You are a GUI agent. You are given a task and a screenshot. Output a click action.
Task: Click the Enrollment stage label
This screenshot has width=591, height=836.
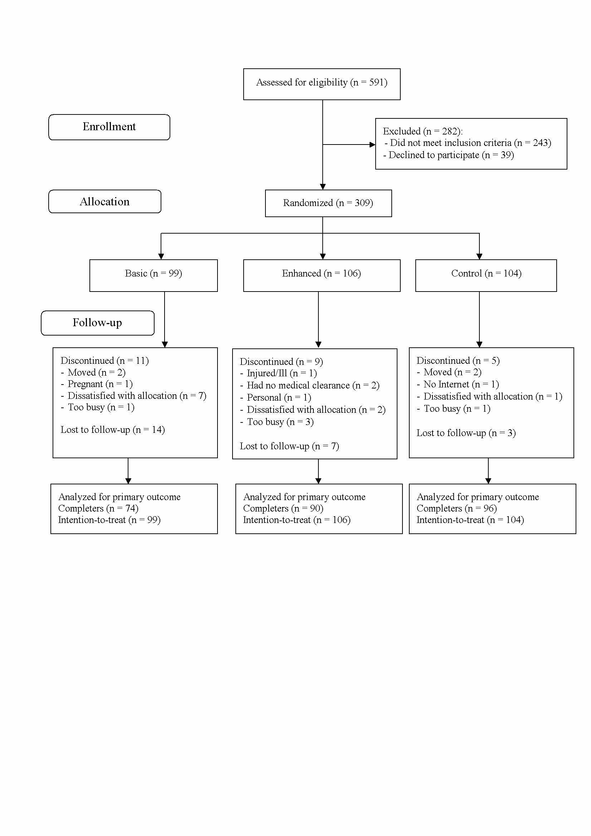(x=109, y=127)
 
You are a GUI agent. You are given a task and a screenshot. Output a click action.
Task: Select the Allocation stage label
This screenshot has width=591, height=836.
(x=105, y=201)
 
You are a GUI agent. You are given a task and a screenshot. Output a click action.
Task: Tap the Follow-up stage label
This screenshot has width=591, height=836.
(x=98, y=323)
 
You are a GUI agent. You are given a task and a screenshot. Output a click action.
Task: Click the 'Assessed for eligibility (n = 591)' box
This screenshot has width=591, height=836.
(x=322, y=84)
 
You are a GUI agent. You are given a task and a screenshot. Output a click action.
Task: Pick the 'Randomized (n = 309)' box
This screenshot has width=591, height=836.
(x=328, y=203)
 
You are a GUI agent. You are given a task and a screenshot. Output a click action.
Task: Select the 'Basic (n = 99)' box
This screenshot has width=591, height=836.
(x=154, y=276)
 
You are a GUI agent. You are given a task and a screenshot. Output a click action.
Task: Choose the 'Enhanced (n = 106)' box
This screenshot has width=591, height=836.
(x=322, y=276)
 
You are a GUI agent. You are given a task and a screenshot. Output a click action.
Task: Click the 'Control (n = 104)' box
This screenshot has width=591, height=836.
(x=486, y=276)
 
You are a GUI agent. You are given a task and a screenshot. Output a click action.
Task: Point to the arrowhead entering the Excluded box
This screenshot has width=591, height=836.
(x=372, y=145)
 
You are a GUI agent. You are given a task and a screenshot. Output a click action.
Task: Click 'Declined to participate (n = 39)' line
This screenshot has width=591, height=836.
(x=449, y=155)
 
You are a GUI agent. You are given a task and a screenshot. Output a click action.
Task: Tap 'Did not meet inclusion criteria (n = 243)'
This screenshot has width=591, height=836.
(x=468, y=143)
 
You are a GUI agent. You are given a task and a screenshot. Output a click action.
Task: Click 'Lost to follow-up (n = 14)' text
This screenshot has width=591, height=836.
(x=113, y=430)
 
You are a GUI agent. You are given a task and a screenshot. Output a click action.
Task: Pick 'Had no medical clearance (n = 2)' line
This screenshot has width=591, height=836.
(x=310, y=386)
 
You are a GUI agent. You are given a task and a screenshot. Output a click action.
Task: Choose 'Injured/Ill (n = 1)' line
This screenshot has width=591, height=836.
(x=279, y=373)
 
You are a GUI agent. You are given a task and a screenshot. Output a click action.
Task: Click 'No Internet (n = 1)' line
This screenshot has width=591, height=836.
(x=458, y=385)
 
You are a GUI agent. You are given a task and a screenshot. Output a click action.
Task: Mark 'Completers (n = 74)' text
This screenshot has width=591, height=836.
(x=98, y=508)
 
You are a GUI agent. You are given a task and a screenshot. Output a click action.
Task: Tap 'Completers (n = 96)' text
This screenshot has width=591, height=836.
(x=457, y=508)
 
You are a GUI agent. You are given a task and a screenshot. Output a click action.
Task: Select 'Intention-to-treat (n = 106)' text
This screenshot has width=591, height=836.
(x=297, y=520)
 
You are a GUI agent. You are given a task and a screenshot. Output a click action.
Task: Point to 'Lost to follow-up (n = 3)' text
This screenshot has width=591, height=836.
(x=467, y=433)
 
